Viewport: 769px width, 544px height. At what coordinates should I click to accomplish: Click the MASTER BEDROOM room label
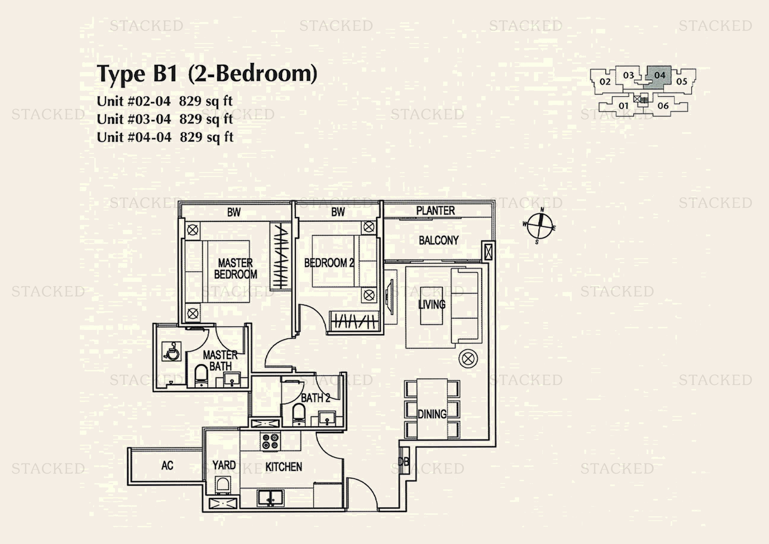pos(235,268)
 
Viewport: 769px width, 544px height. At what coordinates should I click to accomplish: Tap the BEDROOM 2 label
pos(329,263)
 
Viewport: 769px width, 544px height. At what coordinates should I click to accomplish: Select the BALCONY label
pos(439,240)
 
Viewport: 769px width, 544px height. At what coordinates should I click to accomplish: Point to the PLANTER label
pos(435,211)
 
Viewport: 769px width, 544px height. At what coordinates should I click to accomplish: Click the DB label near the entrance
pos(404,462)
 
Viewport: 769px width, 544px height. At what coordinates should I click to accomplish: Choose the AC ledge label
pos(167,466)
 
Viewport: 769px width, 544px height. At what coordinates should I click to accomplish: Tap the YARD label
pos(224,465)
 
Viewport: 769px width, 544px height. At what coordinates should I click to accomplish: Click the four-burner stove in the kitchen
pos(271,441)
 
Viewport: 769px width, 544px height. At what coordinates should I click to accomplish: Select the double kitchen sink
pos(271,498)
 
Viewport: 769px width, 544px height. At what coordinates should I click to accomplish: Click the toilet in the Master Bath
pos(201,376)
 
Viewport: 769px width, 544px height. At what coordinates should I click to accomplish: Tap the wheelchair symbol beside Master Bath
pos(172,351)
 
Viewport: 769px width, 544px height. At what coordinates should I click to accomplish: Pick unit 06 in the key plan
pos(663,106)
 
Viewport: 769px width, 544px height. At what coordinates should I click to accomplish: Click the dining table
pos(432,409)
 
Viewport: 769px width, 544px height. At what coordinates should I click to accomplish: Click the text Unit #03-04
pos(134,119)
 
